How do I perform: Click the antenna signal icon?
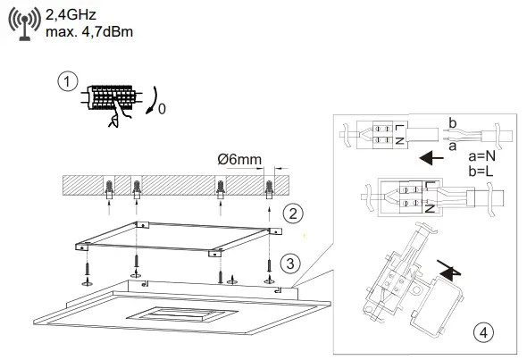tap(24, 23)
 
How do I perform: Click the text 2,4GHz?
tap(71, 15)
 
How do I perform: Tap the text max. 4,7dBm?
tap(89, 32)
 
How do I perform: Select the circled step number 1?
tap(68, 81)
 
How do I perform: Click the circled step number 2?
tap(293, 213)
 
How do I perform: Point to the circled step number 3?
tap(290, 264)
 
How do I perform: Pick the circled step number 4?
tap(483, 333)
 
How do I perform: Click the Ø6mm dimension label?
tap(239, 159)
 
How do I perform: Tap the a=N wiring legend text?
tap(482, 156)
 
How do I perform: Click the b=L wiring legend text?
tap(481, 172)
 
